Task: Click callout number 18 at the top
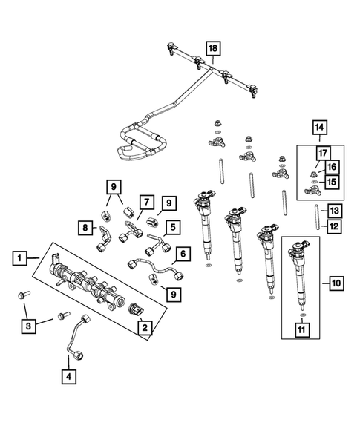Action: point(214,50)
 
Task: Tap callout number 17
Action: point(322,154)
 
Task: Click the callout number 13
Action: point(334,211)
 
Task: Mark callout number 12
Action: point(334,226)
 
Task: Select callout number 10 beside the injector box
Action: point(336,282)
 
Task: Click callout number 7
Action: point(146,202)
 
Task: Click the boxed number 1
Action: point(21,258)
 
